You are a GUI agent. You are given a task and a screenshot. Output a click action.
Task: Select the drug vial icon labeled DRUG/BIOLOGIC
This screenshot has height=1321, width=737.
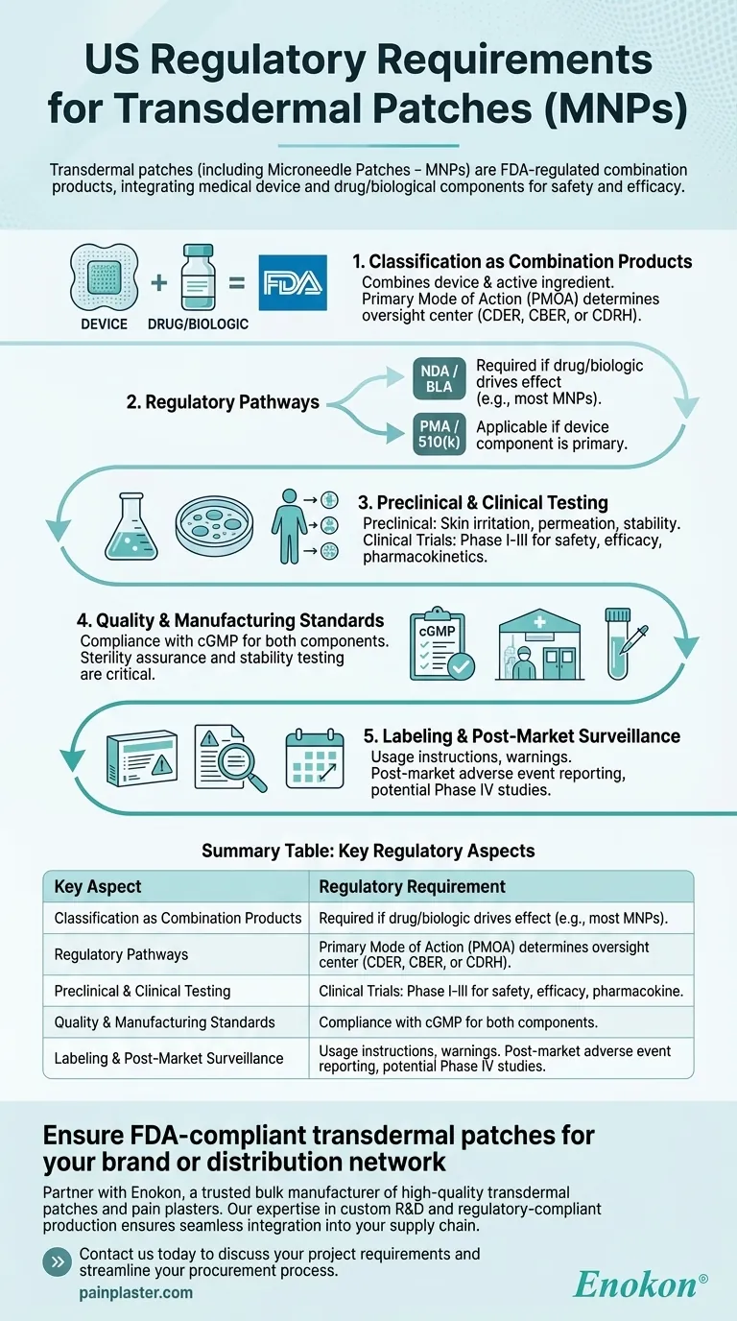tap(198, 278)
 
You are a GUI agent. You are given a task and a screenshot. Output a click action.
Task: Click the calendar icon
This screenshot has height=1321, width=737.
tap(314, 760)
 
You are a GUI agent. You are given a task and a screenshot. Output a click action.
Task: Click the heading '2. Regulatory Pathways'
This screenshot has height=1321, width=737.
tap(223, 403)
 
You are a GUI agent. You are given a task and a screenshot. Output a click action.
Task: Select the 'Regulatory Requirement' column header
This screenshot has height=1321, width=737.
tap(412, 887)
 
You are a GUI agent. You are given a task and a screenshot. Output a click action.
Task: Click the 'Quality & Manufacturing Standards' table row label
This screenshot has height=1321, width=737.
tap(165, 1022)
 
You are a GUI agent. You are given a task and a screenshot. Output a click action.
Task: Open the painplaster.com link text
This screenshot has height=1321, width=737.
tap(135, 1293)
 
